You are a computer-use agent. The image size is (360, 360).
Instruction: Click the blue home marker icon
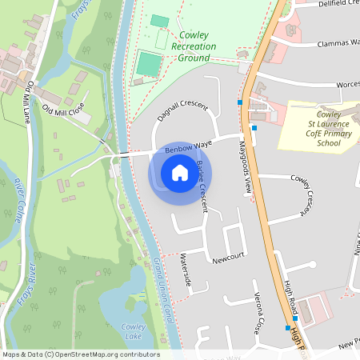180,172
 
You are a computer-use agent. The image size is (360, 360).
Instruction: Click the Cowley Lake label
133,330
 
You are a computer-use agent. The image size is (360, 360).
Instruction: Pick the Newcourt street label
227,259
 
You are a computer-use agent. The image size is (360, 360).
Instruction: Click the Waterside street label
186,270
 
